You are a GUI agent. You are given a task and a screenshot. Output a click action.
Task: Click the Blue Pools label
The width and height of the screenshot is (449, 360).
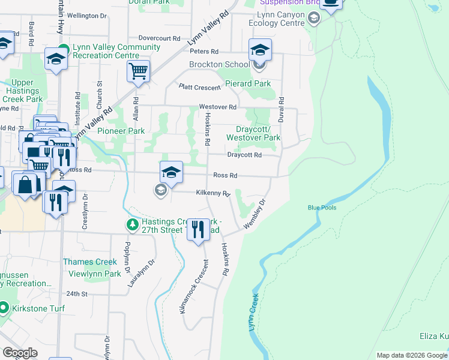[x=322, y=208]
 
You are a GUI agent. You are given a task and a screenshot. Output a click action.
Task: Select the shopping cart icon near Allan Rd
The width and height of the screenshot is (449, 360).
[x=138, y=72]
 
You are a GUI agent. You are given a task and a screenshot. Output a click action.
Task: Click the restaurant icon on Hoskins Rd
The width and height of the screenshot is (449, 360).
[x=198, y=229]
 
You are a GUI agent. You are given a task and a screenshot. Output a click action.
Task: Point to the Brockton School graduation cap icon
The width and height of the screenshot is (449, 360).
[x=259, y=49]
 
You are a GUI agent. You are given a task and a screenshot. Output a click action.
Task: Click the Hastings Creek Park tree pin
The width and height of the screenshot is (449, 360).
[x=132, y=225]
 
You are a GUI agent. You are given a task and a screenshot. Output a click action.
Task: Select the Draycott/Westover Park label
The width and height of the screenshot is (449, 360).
[x=253, y=133]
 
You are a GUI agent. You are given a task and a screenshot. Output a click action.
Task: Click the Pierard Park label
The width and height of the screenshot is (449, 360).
[x=247, y=83]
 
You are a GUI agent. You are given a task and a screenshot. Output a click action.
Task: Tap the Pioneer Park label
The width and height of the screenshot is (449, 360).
[x=121, y=131]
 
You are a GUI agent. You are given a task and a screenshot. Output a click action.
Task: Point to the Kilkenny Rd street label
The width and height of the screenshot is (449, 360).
[x=213, y=193]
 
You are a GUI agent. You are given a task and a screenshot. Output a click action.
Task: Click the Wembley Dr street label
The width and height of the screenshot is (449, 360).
[x=254, y=214]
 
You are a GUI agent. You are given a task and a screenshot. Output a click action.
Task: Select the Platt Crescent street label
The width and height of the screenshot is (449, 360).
[x=200, y=87]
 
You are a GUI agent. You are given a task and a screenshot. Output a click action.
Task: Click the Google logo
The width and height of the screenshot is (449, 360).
[x=20, y=353]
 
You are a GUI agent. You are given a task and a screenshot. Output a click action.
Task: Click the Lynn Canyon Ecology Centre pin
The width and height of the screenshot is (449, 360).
[x=313, y=19]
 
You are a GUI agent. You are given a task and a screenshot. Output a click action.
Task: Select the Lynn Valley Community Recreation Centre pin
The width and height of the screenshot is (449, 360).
[x=64, y=52]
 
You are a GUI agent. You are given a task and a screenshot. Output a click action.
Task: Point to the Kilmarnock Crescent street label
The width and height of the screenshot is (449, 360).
[x=193, y=287]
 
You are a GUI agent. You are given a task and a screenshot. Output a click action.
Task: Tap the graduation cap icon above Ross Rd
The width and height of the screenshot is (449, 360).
[x=171, y=173]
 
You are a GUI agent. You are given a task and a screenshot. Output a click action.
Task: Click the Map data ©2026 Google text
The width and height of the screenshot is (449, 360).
[x=411, y=355]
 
